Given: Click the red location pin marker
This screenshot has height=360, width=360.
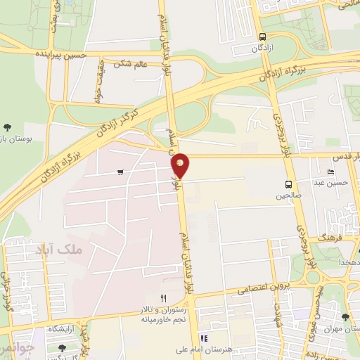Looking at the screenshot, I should click(x=181, y=165).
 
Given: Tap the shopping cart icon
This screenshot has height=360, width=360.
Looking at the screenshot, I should click(x=121, y=172).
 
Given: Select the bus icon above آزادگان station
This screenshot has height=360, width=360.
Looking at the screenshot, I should click(x=262, y=37).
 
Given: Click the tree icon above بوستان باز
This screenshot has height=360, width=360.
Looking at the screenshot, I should click(x=7, y=127).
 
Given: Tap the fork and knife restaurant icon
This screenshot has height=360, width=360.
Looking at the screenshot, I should click(x=164, y=299).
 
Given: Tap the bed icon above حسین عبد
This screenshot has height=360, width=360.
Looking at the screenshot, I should click(x=330, y=172).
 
